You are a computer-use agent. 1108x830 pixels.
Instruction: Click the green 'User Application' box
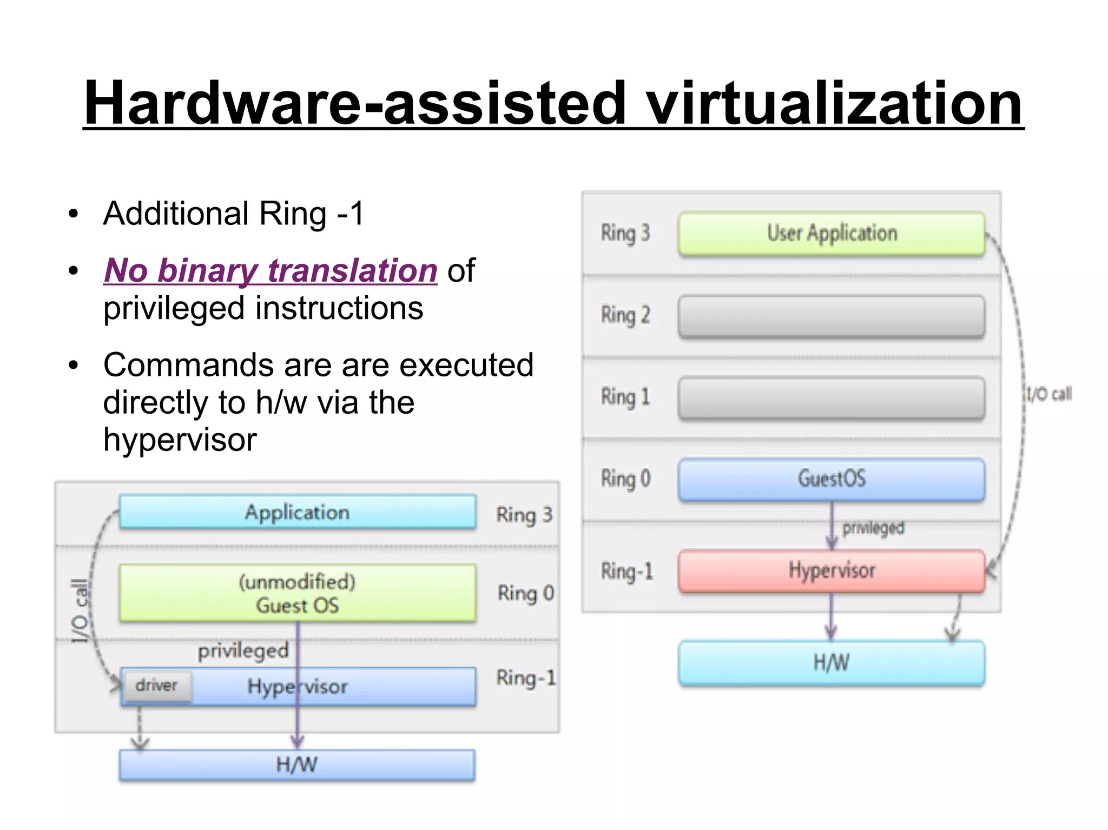pyautogui.click(x=832, y=234)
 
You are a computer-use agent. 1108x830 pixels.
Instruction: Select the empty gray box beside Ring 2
pyautogui.click(x=832, y=316)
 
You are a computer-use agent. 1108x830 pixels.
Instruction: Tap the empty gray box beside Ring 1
pyautogui.click(x=832, y=398)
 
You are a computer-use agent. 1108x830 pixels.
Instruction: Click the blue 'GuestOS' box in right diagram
pyautogui.click(x=832, y=479)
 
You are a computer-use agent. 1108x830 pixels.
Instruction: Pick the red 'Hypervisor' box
pyautogui.click(x=832, y=571)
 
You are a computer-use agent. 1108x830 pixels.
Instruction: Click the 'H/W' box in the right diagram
pyautogui.click(x=832, y=663)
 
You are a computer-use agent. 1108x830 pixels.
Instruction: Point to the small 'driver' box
pyautogui.click(x=157, y=686)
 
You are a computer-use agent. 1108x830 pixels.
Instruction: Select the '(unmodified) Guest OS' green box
pyautogui.click(x=297, y=593)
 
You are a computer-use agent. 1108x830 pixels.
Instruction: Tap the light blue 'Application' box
pyautogui.click(x=297, y=512)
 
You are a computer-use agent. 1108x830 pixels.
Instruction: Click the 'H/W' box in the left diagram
pyautogui.click(x=297, y=765)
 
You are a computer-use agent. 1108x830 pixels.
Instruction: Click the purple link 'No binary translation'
pyautogui.click(x=270, y=270)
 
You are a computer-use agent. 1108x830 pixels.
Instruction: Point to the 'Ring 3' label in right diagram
pyautogui.click(x=625, y=234)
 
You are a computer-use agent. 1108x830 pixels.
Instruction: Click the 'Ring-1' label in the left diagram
pyautogui.click(x=525, y=678)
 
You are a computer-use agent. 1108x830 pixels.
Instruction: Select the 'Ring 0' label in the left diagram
pyautogui.click(x=525, y=593)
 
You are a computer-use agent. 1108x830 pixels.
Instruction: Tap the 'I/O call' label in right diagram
pyautogui.click(x=1048, y=394)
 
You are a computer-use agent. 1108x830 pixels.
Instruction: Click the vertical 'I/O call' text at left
pyautogui.click(x=80, y=611)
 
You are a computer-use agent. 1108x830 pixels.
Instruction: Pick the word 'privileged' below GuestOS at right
pyautogui.click(x=873, y=528)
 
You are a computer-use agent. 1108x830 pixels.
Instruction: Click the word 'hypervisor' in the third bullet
pyautogui.click(x=180, y=440)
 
